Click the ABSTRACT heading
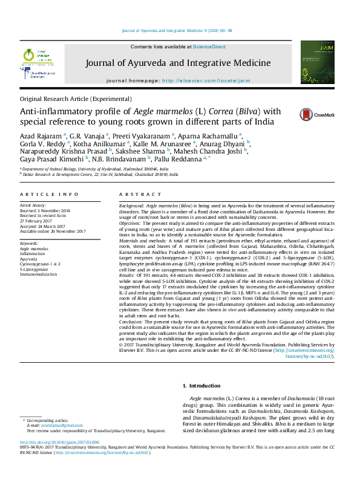coord(132,194)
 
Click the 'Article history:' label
coord(33,206)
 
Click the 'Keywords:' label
coord(30,243)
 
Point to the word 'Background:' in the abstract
coord(131,206)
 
